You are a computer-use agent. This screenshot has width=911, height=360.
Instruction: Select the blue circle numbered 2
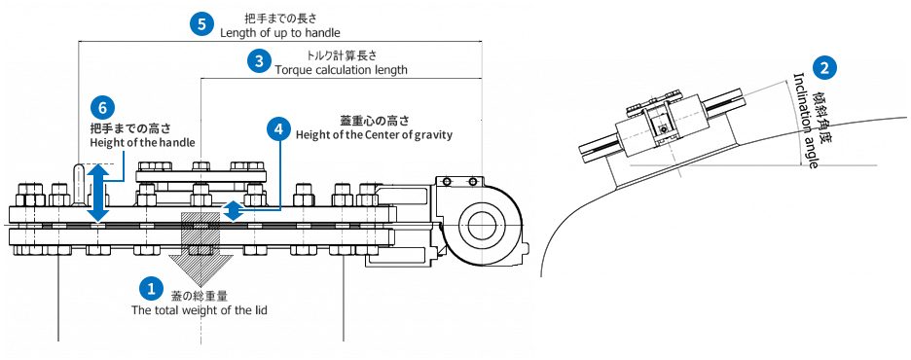click(x=824, y=68)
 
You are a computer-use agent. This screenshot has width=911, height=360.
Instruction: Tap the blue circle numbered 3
click(x=259, y=61)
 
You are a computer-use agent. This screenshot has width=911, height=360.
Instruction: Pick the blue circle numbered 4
click(x=279, y=128)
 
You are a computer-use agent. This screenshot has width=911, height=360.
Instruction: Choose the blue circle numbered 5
click(x=201, y=25)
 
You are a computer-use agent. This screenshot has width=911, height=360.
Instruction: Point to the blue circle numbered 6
click(x=103, y=107)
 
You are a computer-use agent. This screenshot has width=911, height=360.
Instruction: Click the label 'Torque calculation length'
click(x=341, y=70)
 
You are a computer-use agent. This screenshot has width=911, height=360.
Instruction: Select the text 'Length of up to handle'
click(x=280, y=32)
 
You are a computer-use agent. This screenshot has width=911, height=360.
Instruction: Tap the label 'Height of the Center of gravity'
click(x=374, y=135)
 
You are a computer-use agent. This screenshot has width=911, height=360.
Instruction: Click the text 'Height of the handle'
click(x=142, y=142)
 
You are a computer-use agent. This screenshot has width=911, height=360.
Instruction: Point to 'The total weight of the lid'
click(x=200, y=310)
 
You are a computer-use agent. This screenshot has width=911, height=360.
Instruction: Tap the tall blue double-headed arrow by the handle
click(x=98, y=193)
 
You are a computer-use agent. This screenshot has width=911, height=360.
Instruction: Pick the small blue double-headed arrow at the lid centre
click(x=233, y=211)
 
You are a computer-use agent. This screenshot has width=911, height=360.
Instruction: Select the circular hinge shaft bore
click(x=482, y=225)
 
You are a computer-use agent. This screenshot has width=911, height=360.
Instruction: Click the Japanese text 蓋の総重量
click(x=200, y=297)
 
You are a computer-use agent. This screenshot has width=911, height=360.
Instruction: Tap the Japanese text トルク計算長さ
click(x=341, y=56)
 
